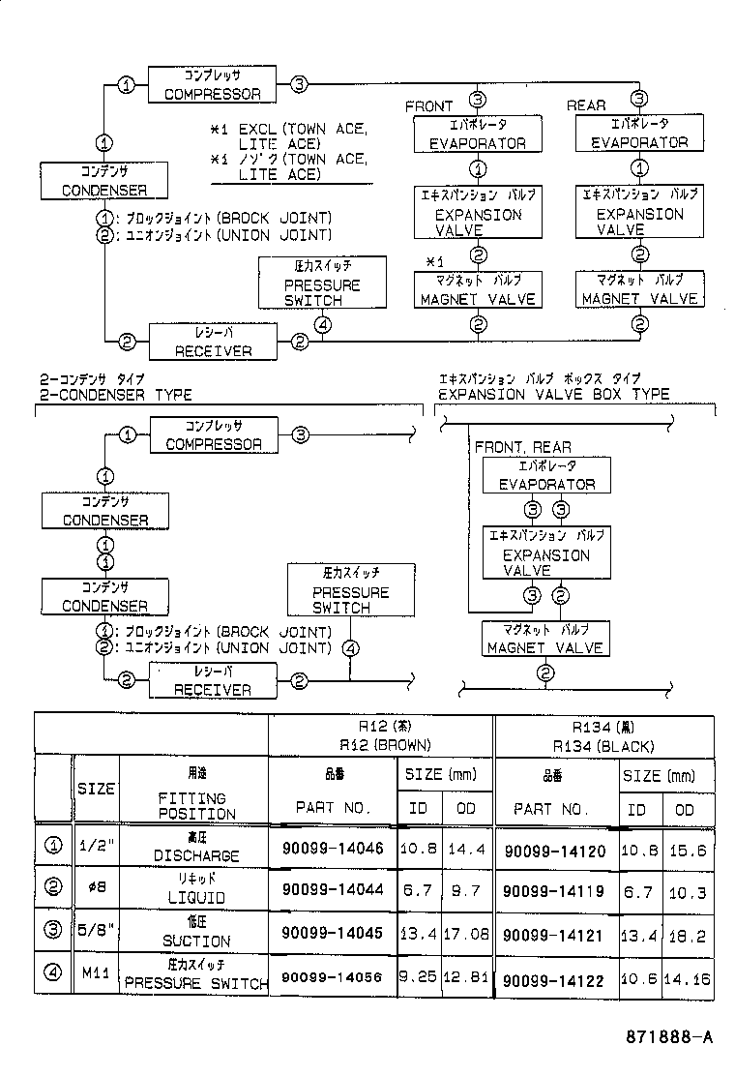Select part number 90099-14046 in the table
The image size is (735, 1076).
333,848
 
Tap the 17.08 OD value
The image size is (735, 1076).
466,935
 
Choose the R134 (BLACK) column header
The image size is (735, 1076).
603,746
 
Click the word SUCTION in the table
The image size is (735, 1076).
194,941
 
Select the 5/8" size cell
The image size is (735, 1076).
95,933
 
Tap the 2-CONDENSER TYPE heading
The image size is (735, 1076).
115,395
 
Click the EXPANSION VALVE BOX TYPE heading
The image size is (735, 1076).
553,395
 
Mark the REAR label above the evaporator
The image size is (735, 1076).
586,105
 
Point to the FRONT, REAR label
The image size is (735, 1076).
522,447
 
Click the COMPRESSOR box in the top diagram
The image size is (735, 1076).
212,85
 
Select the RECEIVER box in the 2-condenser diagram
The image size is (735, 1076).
212,680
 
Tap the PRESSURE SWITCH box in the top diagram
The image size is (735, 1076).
322,284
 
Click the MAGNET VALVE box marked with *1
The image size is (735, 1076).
477,290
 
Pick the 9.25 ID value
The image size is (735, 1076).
418,977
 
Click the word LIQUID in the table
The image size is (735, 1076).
194,897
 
